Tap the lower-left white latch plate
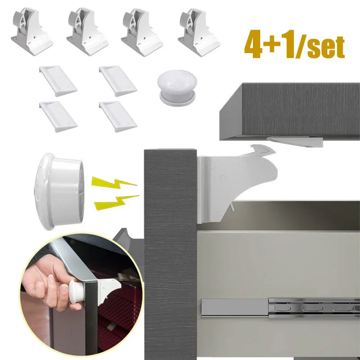[x=58, y=115]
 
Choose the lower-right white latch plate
[x=118, y=115]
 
